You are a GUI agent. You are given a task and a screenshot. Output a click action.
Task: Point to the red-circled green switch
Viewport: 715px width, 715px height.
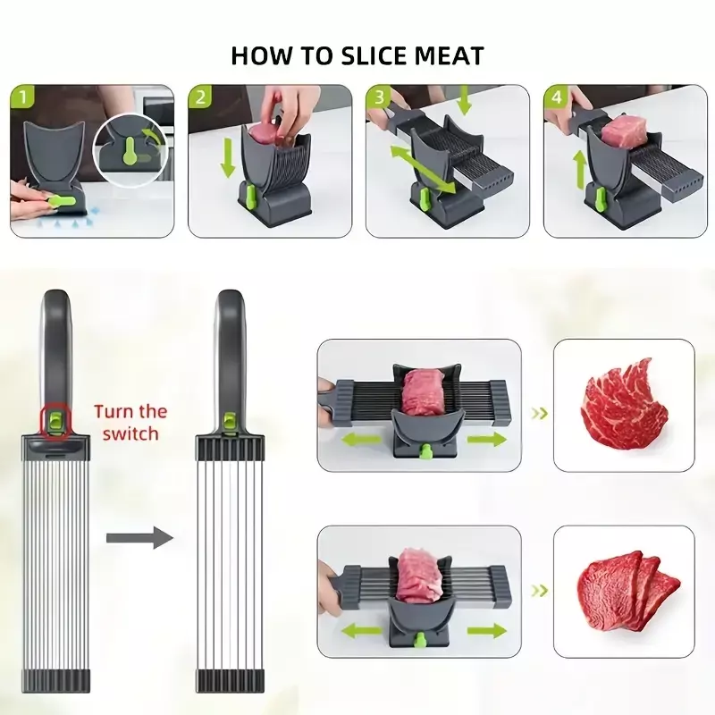pos(55,419)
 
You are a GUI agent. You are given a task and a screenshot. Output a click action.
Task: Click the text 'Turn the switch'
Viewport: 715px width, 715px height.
pos(130,422)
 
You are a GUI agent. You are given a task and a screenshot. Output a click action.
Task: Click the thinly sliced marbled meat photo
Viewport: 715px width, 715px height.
pos(623,404)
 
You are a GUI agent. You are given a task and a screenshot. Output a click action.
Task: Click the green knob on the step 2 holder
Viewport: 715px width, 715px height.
pos(250,192)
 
